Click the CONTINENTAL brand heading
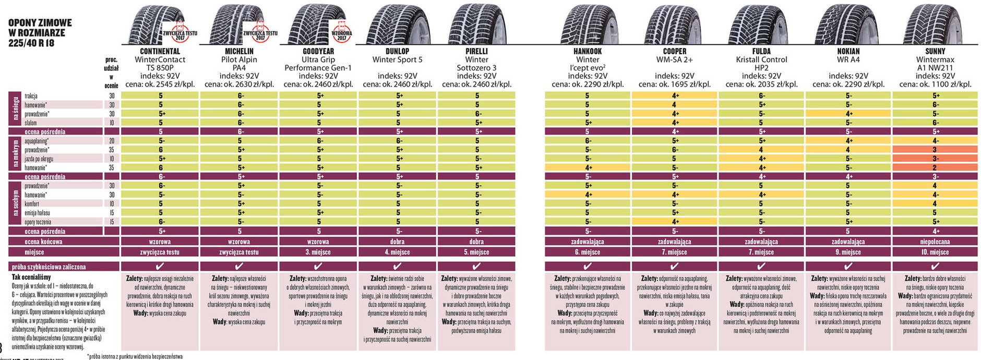pos(160,51)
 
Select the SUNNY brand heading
pos(935,51)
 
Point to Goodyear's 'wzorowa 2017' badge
pos(342,32)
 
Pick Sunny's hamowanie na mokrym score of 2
pos(935,167)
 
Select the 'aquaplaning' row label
pos(37,141)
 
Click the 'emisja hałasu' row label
pos(38,213)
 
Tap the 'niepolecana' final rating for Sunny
pos(935,242)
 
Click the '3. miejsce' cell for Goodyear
pos(318,252)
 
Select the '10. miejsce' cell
pos(935,252)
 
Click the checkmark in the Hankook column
pos(587,267)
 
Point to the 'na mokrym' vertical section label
pos(15,154)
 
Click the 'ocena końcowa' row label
pos(44,242)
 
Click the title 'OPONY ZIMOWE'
pos(40,23)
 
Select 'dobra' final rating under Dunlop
pos(397,242)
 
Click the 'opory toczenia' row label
pos(38,222)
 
